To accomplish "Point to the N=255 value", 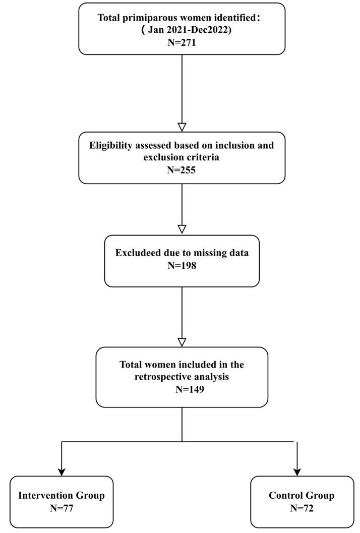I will pos(182,170).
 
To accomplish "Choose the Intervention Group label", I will pos(62,496).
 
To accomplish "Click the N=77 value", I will pos(62,508).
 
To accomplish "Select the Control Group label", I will pos(302,496).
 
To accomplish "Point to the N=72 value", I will pos(302,508).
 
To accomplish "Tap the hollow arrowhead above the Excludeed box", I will pos(182,229).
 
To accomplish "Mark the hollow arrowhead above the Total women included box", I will pos(182,341).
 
